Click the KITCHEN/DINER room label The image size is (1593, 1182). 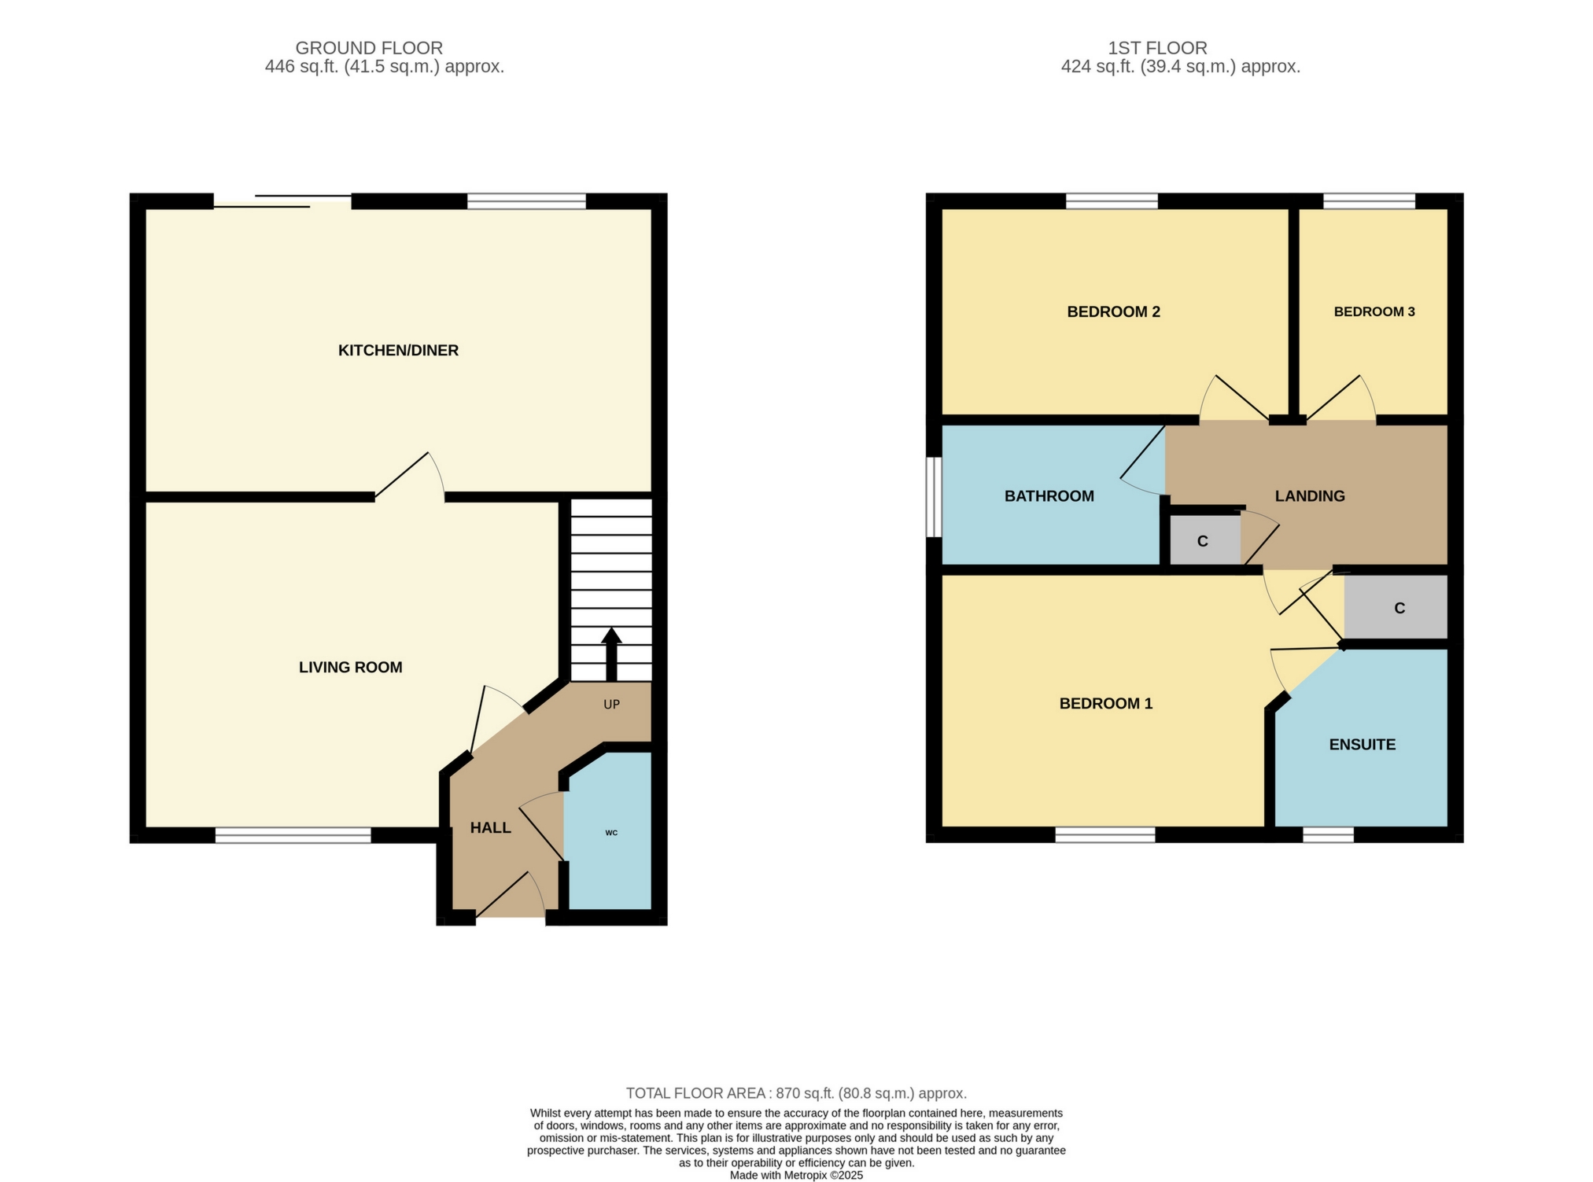coord(398,351)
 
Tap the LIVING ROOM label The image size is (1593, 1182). coord(350,668)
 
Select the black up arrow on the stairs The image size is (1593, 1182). coord(611,653)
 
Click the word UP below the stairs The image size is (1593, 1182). coord(611,705)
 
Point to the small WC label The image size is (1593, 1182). coord(611,832)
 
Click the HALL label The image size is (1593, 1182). coord(490,827)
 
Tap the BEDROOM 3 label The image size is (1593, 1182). coord(1374,311)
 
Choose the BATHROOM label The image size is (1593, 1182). coord(1049,496)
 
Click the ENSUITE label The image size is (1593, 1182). coord(1362,745)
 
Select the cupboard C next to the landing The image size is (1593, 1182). coord(1202,541)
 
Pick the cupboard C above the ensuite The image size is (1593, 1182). coord(1399,608)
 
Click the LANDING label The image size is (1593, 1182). coord(1309,496)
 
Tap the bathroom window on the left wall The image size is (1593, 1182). coord(934,497)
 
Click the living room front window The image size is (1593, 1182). coord(293,835)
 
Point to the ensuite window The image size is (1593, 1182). coord(1328,835)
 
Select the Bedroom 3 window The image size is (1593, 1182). coord(1369,201)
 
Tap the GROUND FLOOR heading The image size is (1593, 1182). coord(369,48)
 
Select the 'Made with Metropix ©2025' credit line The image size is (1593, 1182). coord(796,1175)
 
